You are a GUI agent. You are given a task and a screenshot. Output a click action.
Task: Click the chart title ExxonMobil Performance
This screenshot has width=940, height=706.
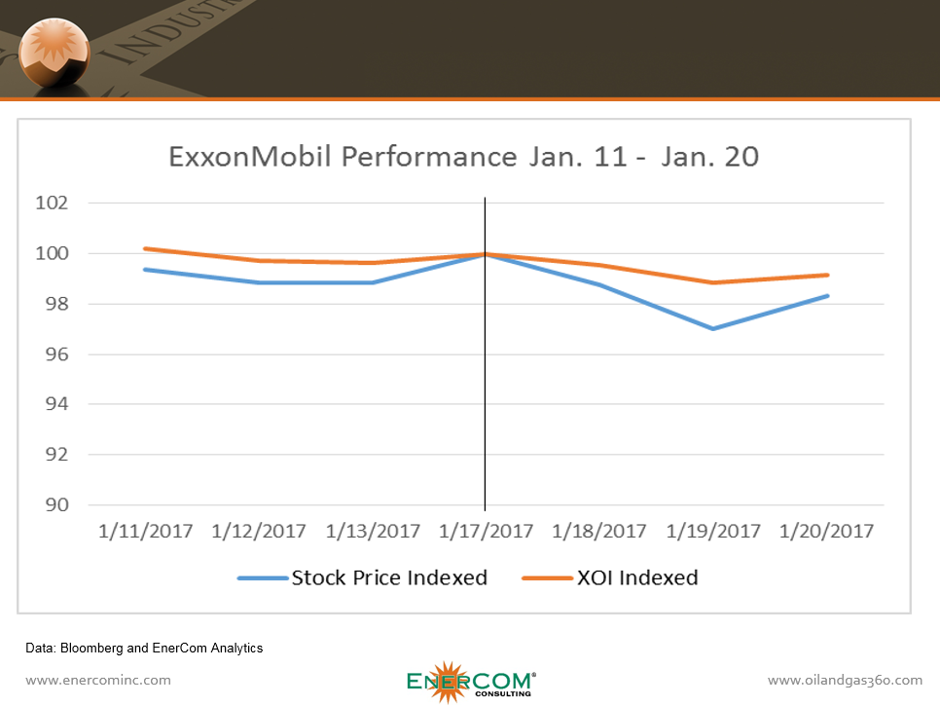[463, 157]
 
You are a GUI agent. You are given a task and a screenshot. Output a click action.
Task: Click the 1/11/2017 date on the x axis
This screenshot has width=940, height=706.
[145, 532]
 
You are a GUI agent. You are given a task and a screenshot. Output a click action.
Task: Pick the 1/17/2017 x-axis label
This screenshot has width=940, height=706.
[486, 532]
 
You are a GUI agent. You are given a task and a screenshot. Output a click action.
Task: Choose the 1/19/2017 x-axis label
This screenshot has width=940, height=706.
[713, 532]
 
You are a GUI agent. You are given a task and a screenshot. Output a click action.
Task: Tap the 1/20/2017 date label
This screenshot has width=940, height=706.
[827, 532]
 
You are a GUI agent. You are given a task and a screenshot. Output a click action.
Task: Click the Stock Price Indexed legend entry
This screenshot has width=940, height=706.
[389, 577]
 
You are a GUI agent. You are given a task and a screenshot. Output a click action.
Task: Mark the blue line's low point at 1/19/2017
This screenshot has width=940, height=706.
[713, 328]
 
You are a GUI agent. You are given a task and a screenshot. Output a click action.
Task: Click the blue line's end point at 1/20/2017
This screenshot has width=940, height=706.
[827, 296]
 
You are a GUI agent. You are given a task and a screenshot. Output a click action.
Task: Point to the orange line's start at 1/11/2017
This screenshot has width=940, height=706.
[145, 248]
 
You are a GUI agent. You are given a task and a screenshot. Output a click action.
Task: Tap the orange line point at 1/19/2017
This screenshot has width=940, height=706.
[713, 282]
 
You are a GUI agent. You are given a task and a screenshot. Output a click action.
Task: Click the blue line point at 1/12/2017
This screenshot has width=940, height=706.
[259, 282]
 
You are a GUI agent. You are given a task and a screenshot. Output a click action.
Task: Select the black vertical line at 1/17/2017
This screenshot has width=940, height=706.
[485, 390]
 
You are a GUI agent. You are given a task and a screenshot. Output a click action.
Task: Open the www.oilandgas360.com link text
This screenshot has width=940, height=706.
[845, 680]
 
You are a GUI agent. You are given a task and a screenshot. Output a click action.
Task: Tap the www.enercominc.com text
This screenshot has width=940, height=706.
[98, 680]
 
